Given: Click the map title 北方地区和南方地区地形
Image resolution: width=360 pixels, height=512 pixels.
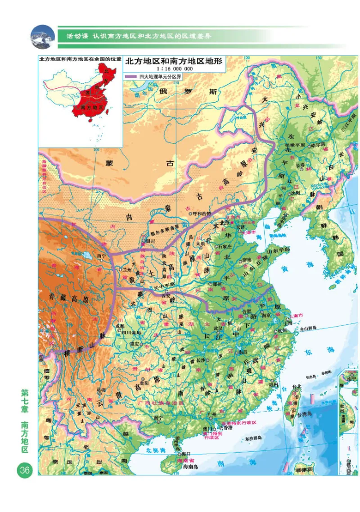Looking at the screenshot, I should pyautogui.click(x=174, y=62).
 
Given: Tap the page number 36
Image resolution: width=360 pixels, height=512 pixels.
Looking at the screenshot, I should pyautogui.click(x=24, y=471).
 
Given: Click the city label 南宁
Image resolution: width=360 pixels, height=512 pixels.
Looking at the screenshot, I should pyautogui.click(x=158, y=418).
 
